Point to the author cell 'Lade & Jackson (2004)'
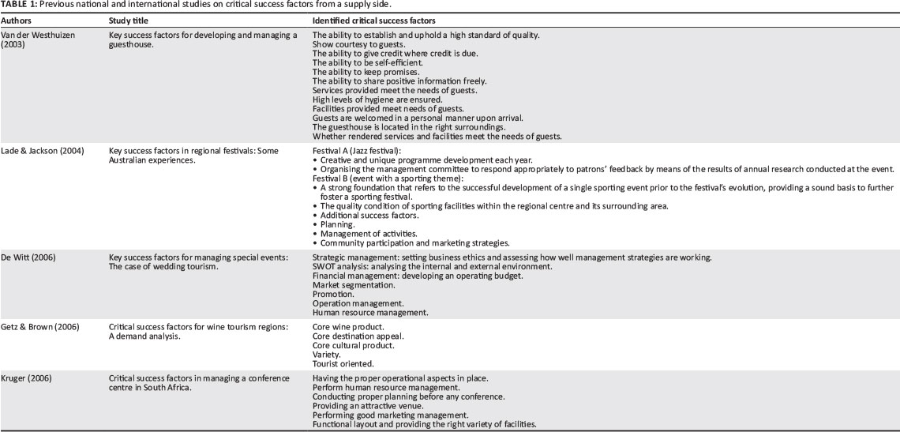(44, 150)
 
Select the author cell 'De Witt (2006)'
(31, 257)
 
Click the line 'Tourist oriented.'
(343, 363)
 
